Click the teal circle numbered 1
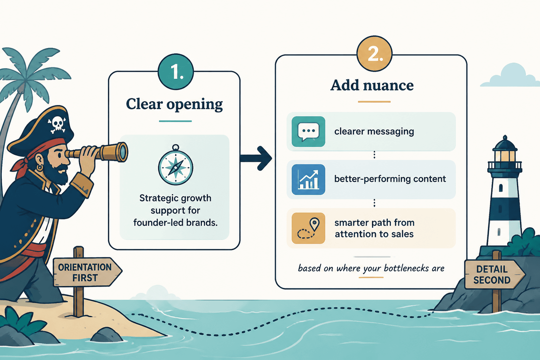(176, 72)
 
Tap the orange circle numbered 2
(374, 53)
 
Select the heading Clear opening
(174, 104)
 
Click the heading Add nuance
(372, 85)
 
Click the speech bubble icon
(308, 131)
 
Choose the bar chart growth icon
(308, 179)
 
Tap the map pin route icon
(308, 228)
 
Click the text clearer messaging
(374, 131)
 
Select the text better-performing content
(390, 179)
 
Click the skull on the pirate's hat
(57, 125)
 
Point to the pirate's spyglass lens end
(123, 152)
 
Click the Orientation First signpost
(87, 272)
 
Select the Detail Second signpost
(495, 275)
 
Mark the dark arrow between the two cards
(256, 159)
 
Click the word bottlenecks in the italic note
(406, 268)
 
